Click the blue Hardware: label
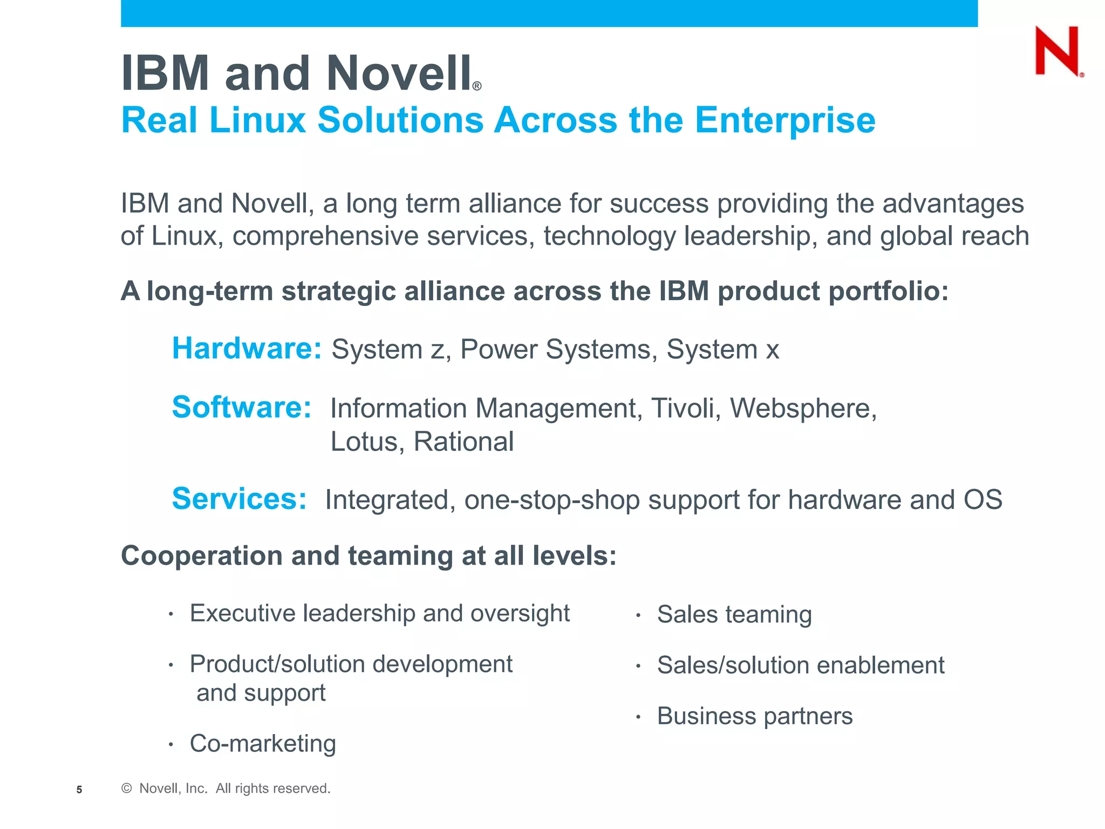pyautogui.click(x=247, y=349)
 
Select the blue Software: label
pyautogui.click(x=241, y=407)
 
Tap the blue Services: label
pyautogui.click(x=239, y=499)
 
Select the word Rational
pyautogui.click(x=463, y=441)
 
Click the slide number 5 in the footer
pyautogui.click(x=79, y=790)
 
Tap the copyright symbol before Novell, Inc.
pyautogui.click(x=127, y=789)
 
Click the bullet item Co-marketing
pyautogui.click(x=263, y=744)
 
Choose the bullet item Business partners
pyautogui.click(x=754, y=716)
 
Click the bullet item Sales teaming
pyautogui.click(x=734, y=615)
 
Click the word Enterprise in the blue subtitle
pyautogui.click(x=785, y=120)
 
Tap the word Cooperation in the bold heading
pyautogui.click(x=201, y=556)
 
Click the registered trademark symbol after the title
pyautogui.click(x=477, y=86)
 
